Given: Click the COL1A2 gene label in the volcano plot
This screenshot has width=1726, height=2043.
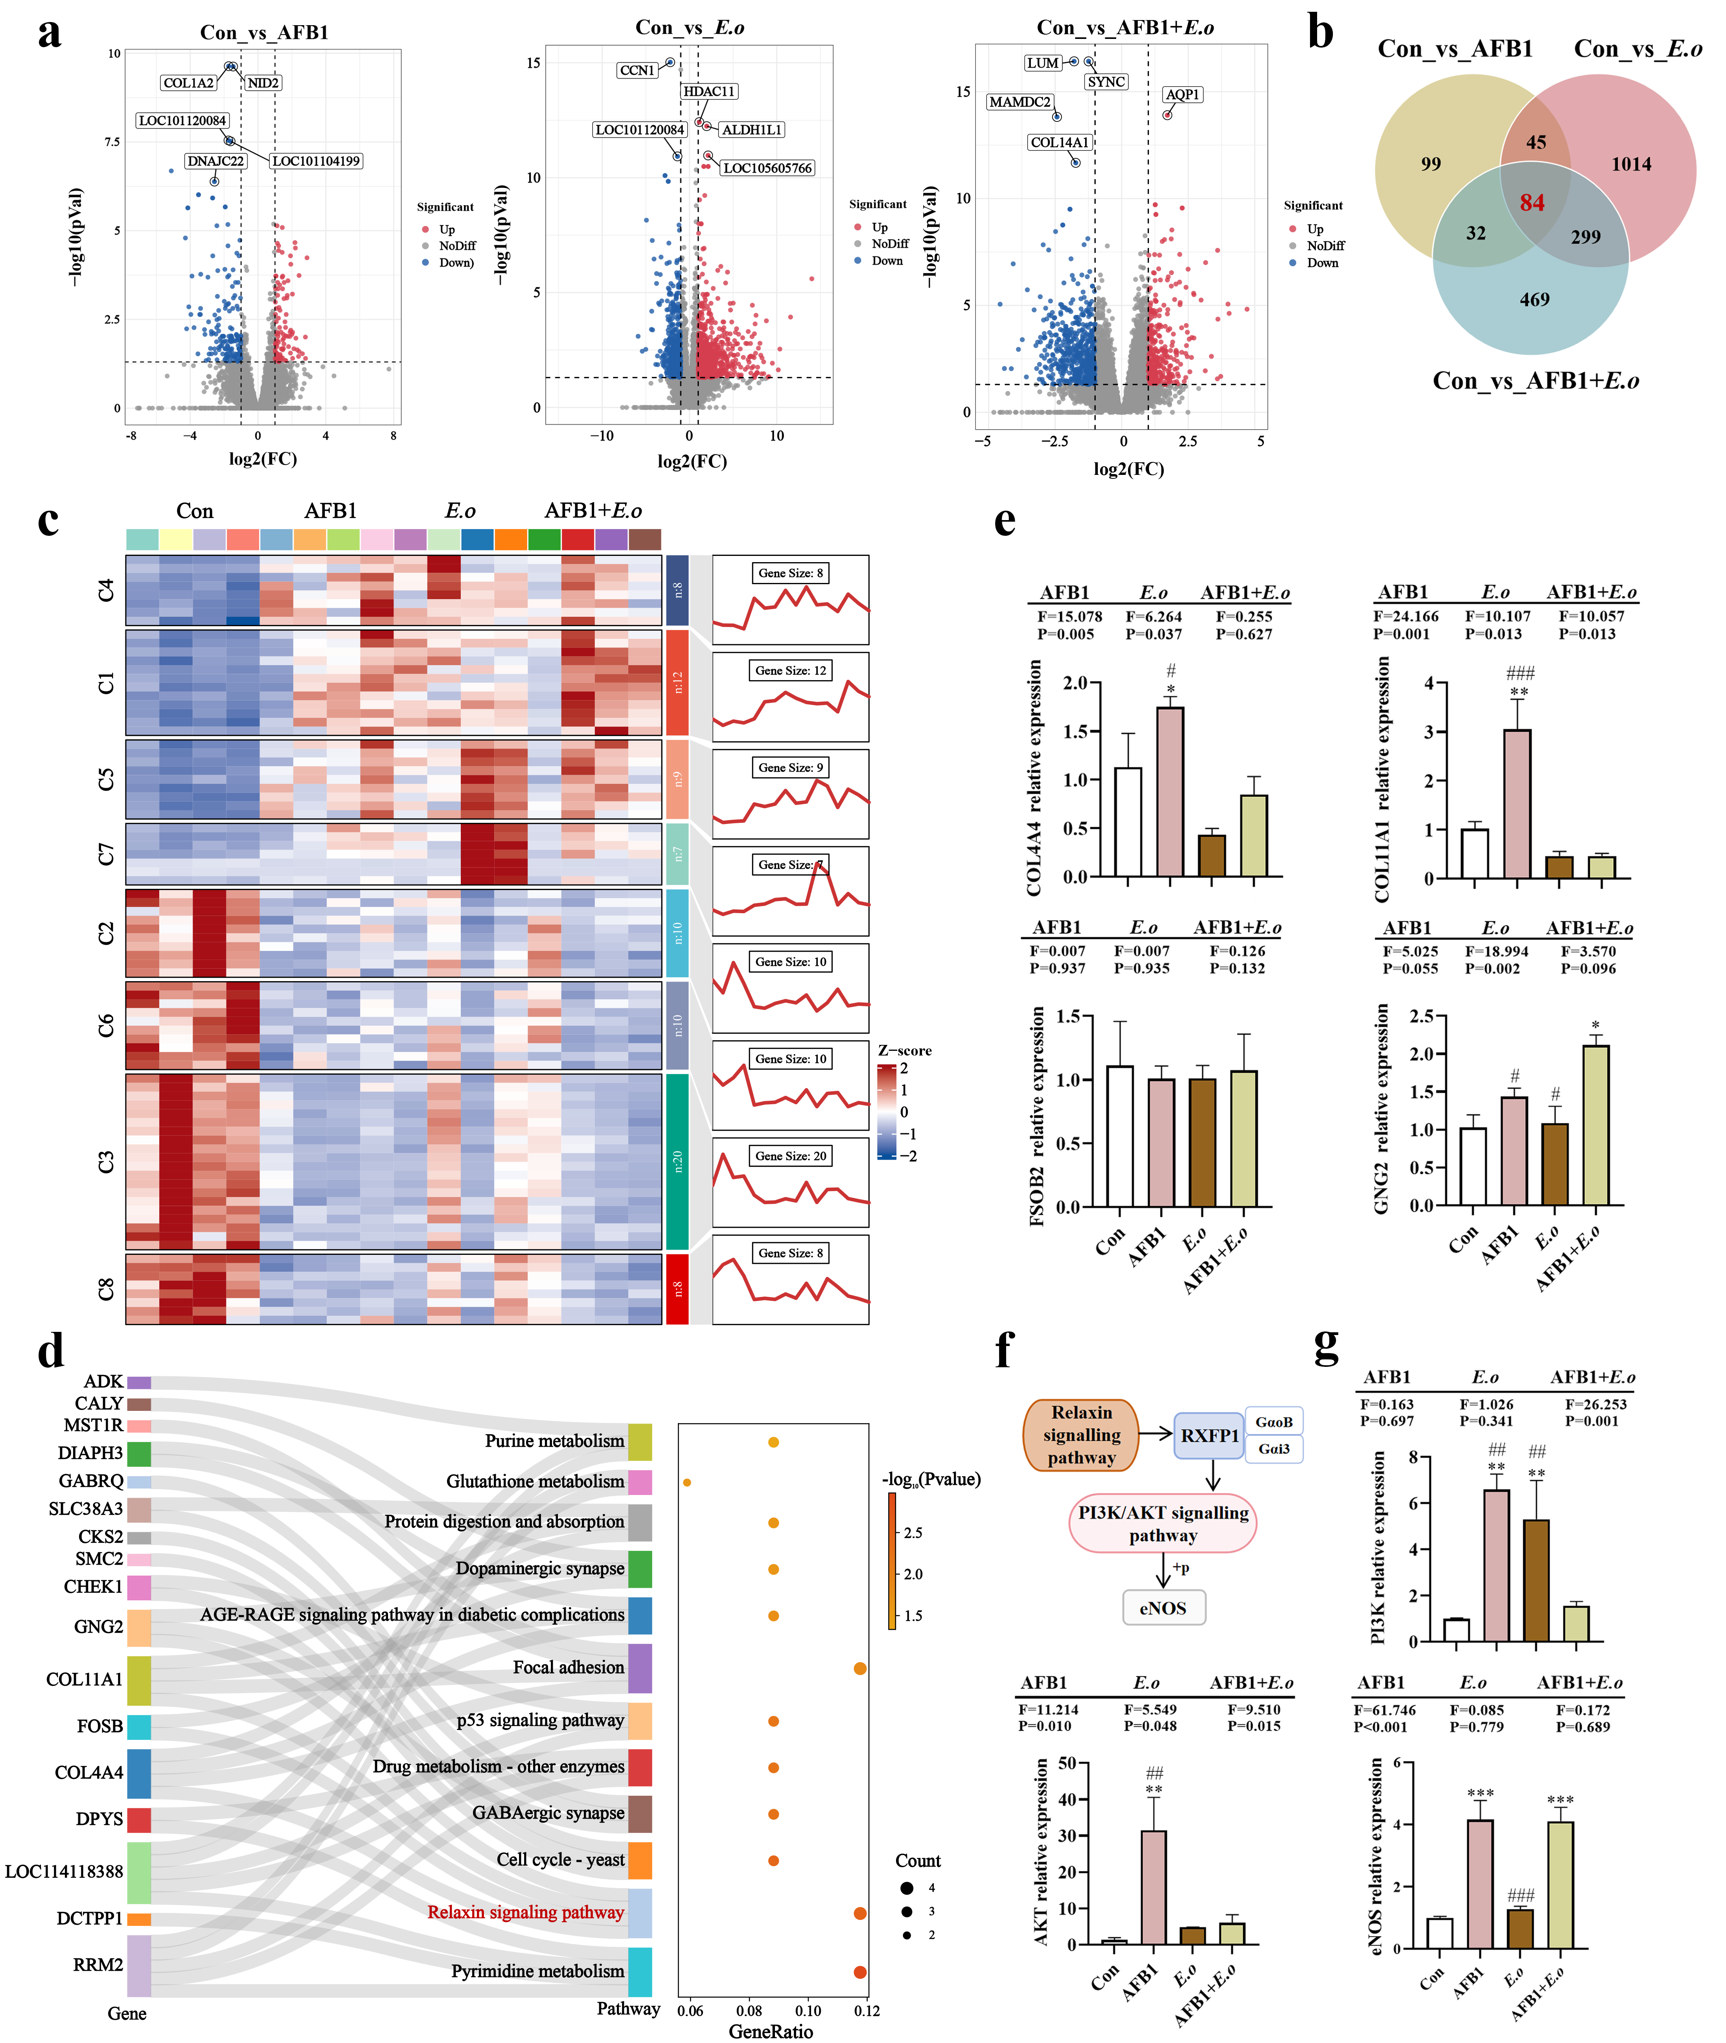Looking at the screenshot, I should coord(188,83).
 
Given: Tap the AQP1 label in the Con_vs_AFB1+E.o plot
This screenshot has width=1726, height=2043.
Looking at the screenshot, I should coord(1182,95).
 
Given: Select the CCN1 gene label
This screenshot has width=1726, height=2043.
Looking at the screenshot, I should coord(637,70).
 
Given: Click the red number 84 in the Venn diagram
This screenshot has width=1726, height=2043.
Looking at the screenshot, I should coord(1532,202).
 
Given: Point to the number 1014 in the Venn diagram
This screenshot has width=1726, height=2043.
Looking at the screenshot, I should coord(1631,164).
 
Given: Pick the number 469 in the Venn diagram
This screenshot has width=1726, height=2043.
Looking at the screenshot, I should coord(1534,300).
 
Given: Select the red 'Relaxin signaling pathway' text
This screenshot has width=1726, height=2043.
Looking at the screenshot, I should coord(525,1912).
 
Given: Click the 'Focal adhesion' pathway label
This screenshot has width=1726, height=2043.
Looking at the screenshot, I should coord(569,1667).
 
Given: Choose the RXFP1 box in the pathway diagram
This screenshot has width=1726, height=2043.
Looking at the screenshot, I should coord(1209,1435).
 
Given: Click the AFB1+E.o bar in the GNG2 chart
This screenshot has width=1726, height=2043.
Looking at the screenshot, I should coord(1595,1125).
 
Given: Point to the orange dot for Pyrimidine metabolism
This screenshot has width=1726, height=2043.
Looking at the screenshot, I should coord(860,1971).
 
